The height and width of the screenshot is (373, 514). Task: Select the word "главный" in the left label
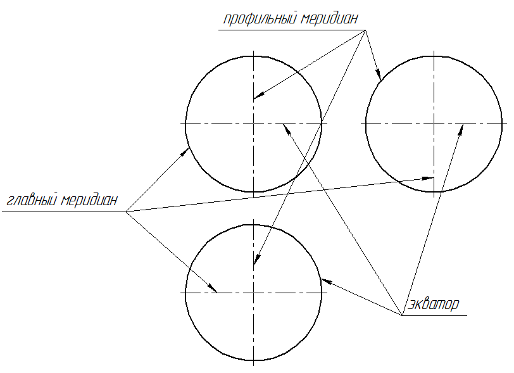(x=31, y=201)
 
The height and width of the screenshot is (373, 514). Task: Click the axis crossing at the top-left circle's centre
(x=253, y=123)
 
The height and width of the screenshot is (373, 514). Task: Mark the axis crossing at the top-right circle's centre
(x=434, y=123)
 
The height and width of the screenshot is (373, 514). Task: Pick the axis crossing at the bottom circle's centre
(x=253, y=293)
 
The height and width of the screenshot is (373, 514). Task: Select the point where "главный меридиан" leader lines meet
(x=126, y=212)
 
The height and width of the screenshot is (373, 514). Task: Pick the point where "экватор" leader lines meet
(x=403, y=315)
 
